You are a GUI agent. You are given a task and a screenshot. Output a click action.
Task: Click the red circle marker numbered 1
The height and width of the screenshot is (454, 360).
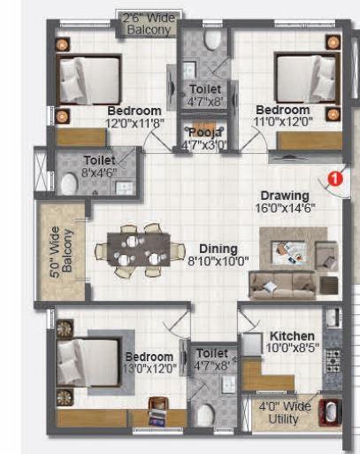pyautogui.click(x=334, y=178)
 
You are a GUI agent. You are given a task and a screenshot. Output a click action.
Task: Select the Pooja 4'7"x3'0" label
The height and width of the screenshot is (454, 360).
pyautogui.click(x=205, y=138)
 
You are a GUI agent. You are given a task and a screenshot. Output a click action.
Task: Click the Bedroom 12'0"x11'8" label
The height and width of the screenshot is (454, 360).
pyautogui.click(x=135, y=118)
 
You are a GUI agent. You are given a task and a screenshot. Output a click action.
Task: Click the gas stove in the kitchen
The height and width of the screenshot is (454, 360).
pyautogui.click(x=333, y=360)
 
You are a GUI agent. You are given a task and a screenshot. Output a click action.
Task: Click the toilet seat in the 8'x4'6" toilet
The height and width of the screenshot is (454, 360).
pyautogui.click(x=69, y=183)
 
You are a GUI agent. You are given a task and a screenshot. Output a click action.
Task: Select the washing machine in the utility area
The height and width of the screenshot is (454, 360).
pyautogui.click(x=332, y=413)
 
